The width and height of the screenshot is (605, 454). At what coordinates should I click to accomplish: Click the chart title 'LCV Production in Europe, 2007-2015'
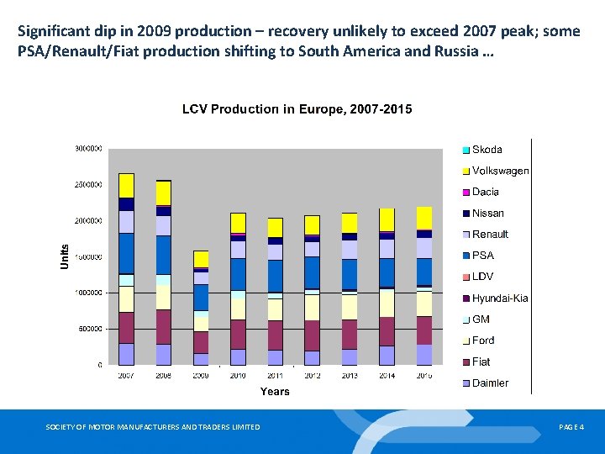297,109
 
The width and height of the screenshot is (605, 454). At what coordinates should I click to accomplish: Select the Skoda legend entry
487,150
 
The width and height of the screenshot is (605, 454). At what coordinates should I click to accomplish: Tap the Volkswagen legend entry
500,171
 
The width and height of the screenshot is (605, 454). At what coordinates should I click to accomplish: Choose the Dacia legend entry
485,192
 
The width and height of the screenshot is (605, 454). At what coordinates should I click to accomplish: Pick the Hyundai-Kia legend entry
499,298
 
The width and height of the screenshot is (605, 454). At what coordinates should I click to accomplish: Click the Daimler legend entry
490,383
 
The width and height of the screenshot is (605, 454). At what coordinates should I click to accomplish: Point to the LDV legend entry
482,277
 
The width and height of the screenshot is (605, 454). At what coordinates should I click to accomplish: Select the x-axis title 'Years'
275,391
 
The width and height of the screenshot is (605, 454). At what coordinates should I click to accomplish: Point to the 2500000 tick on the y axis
87,184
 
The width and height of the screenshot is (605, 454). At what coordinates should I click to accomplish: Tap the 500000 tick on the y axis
89,329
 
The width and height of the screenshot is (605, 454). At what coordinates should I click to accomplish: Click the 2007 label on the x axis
126,375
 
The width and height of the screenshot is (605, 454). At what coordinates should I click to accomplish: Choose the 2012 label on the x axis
313,375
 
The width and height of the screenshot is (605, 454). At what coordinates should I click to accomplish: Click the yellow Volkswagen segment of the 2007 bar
126,185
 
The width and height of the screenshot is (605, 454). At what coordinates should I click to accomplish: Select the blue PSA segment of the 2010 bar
238,274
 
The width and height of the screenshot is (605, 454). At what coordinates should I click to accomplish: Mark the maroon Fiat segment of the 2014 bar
387,331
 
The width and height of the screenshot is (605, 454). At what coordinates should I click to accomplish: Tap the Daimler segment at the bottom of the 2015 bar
424,355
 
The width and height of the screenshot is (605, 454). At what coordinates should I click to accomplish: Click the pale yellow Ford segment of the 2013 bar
350,307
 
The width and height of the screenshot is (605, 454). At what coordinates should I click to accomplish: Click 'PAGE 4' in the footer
571,428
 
